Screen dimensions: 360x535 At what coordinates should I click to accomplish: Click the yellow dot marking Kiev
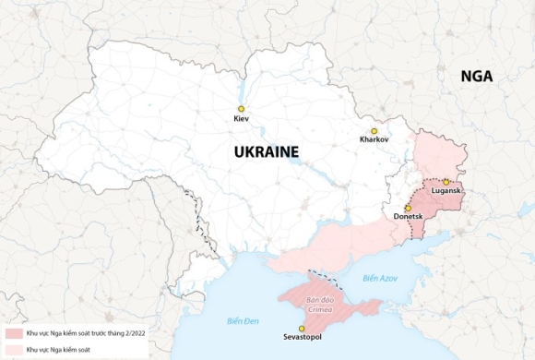click(x=241, y=109)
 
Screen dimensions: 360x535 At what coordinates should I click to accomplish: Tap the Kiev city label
click(x=241, y=120)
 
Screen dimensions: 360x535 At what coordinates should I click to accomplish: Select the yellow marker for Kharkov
click(x=374, y=131)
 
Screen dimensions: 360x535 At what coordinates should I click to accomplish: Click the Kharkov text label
click(x=374, y=140)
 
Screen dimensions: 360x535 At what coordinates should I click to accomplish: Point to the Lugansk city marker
click(x=446, y=182)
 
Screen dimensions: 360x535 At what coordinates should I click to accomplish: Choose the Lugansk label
click(x=446, y=191)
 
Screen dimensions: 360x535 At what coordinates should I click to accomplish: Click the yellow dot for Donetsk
click(x=408, y=208)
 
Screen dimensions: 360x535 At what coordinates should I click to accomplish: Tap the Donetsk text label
click(x=408, y=217)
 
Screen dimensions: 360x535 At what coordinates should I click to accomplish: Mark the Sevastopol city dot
click(x=302, y=329)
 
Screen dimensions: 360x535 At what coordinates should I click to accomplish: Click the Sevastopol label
click(x=302, y=339)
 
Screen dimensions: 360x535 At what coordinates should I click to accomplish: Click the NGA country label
click(x=477, y=78)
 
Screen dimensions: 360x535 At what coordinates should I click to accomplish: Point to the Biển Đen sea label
click(x=243, y=320)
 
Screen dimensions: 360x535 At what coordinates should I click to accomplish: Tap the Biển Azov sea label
click(x=380, y=277)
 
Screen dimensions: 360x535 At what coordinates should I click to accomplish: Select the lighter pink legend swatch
click(x=12, y=350)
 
